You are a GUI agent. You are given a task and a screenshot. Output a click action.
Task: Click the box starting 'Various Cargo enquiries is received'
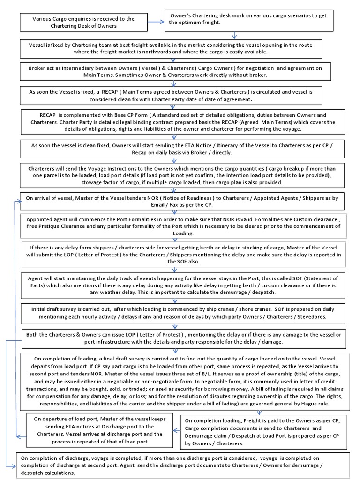pos(83,22)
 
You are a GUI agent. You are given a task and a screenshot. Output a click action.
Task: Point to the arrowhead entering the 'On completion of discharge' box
pos(13,466)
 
